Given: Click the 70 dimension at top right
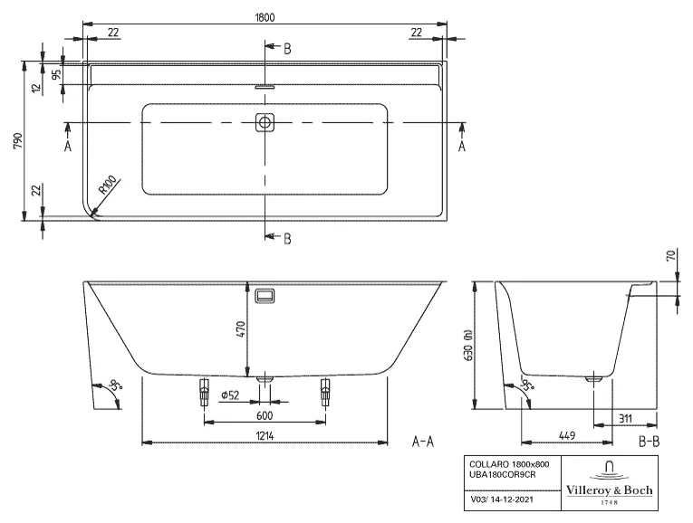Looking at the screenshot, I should (671, 257).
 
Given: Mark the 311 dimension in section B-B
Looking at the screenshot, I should (625, 417).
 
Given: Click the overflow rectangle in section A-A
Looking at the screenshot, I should (265, 296).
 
